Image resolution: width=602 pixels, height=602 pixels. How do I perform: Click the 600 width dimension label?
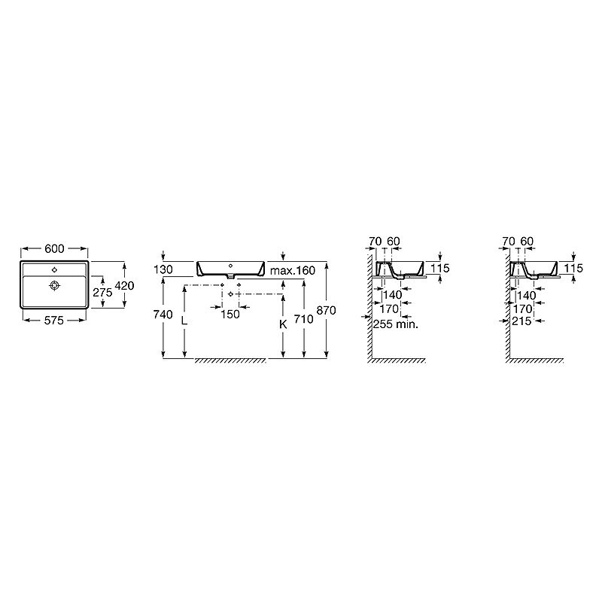[x=54, y=249]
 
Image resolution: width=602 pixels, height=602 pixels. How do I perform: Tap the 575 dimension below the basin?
[x=53, y=321]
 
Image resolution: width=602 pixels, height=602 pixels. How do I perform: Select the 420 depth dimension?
[x=124, y=286]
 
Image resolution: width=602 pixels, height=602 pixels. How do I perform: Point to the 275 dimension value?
[x=102, y=293]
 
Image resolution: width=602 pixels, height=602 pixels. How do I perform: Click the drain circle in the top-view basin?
[x=54, y=285]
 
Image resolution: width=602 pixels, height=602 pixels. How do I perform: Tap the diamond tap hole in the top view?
[x=54, y=270]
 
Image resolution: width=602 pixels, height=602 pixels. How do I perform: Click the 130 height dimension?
[x=163, y=269]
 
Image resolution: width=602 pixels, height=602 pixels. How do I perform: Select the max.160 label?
[x=293, y=270]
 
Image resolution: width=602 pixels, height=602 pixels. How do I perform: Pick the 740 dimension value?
[x=163, y=315]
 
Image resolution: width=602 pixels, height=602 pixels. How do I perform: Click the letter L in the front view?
[x=184, y=321]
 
